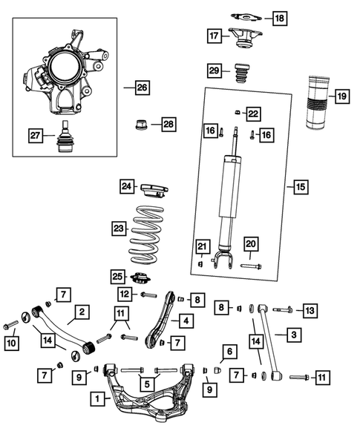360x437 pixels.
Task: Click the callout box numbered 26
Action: point(142,88)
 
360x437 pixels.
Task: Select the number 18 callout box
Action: point(278,17)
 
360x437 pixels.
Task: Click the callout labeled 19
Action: point(341,96)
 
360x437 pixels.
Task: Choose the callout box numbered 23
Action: point(119,229)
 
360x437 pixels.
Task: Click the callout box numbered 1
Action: point(96,399)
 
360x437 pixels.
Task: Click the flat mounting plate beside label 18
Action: point(245,16)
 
